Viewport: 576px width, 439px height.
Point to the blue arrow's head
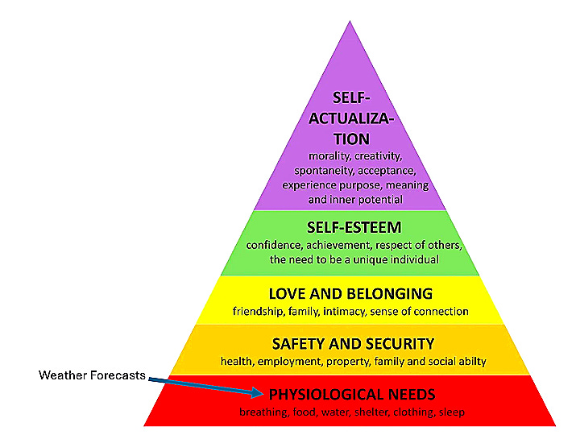tap(260, 393)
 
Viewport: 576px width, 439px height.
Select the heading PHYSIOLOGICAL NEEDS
tap(352, 395)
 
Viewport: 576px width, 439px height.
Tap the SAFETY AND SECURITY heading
tap(353, 344)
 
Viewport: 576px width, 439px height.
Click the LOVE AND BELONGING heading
tap(350, 293)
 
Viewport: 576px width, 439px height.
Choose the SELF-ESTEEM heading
tap(352, 228)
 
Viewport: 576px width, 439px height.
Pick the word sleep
tap(452, 412)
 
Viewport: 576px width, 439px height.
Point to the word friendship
tap(259, 311)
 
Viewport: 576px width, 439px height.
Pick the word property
tap(346, 362)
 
